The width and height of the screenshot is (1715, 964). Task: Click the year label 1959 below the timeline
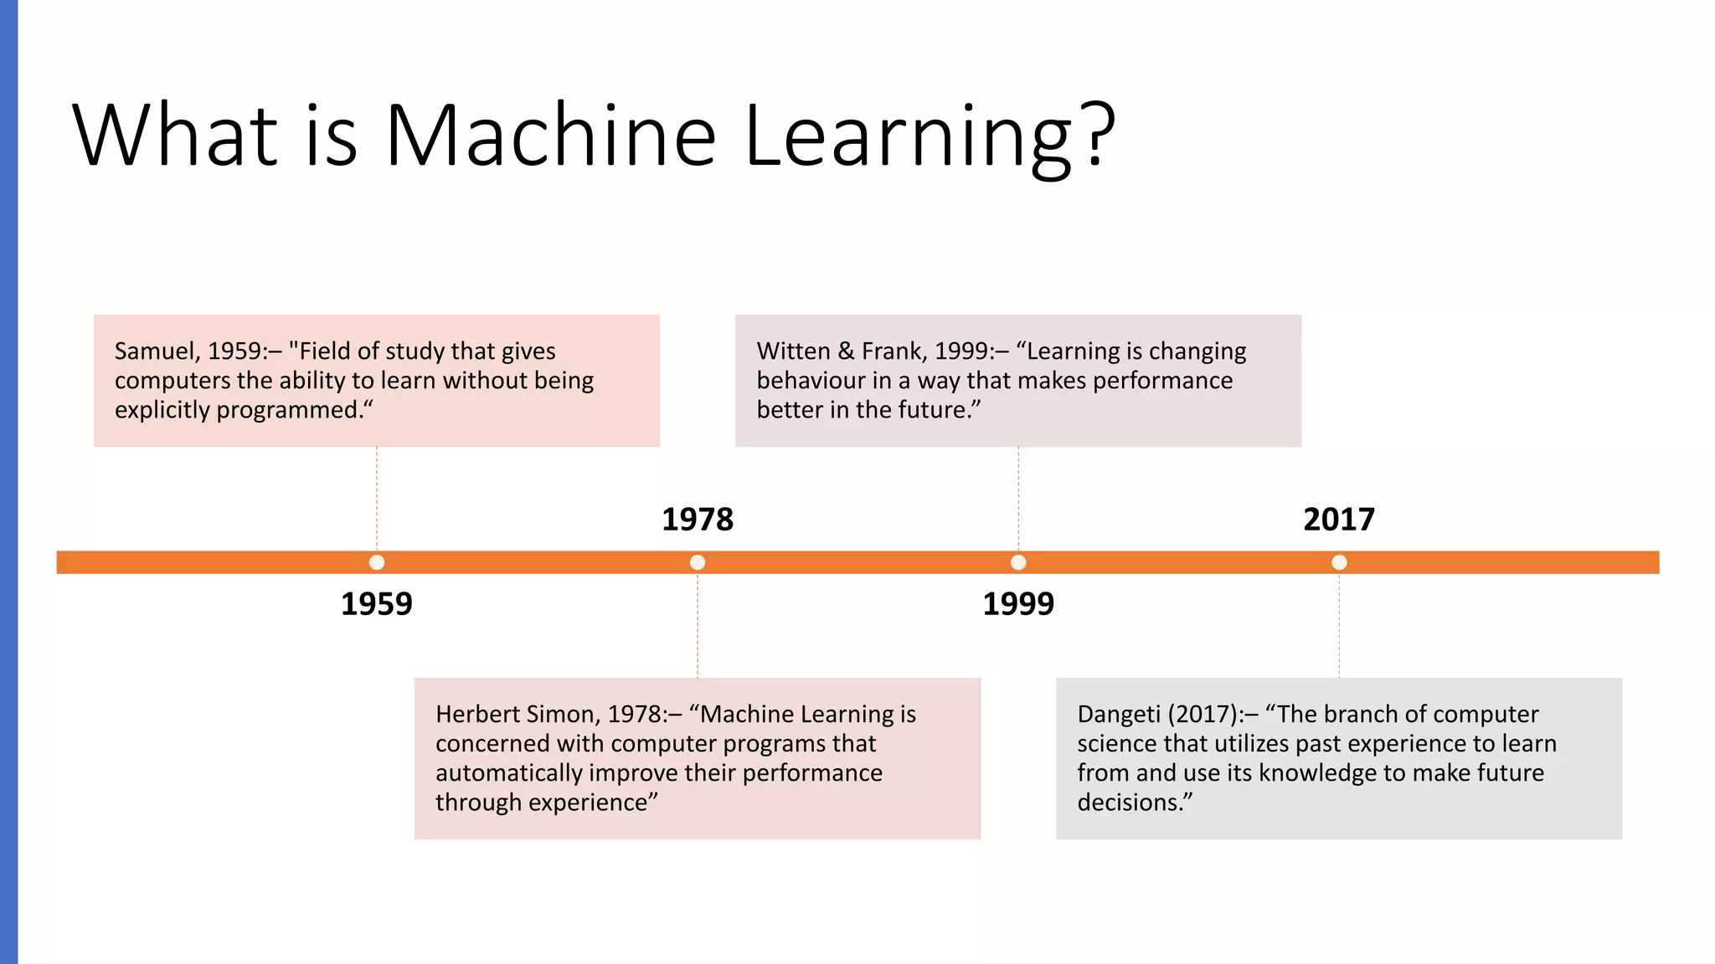coord(377,604)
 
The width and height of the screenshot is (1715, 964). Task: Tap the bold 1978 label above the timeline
coord(698,520)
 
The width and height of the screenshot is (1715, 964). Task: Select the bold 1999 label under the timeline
coord(1018,604)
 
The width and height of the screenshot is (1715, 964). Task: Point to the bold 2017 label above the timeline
coord(1339,520)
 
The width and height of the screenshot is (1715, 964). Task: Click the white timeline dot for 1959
coord(377,562)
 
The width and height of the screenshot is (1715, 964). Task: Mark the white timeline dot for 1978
coord(698,562)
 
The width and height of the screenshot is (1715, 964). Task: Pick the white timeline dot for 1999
coord(1018,562)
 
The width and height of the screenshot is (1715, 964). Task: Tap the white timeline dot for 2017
coord(1339,562)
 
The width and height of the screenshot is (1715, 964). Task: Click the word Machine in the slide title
coord(550,136)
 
